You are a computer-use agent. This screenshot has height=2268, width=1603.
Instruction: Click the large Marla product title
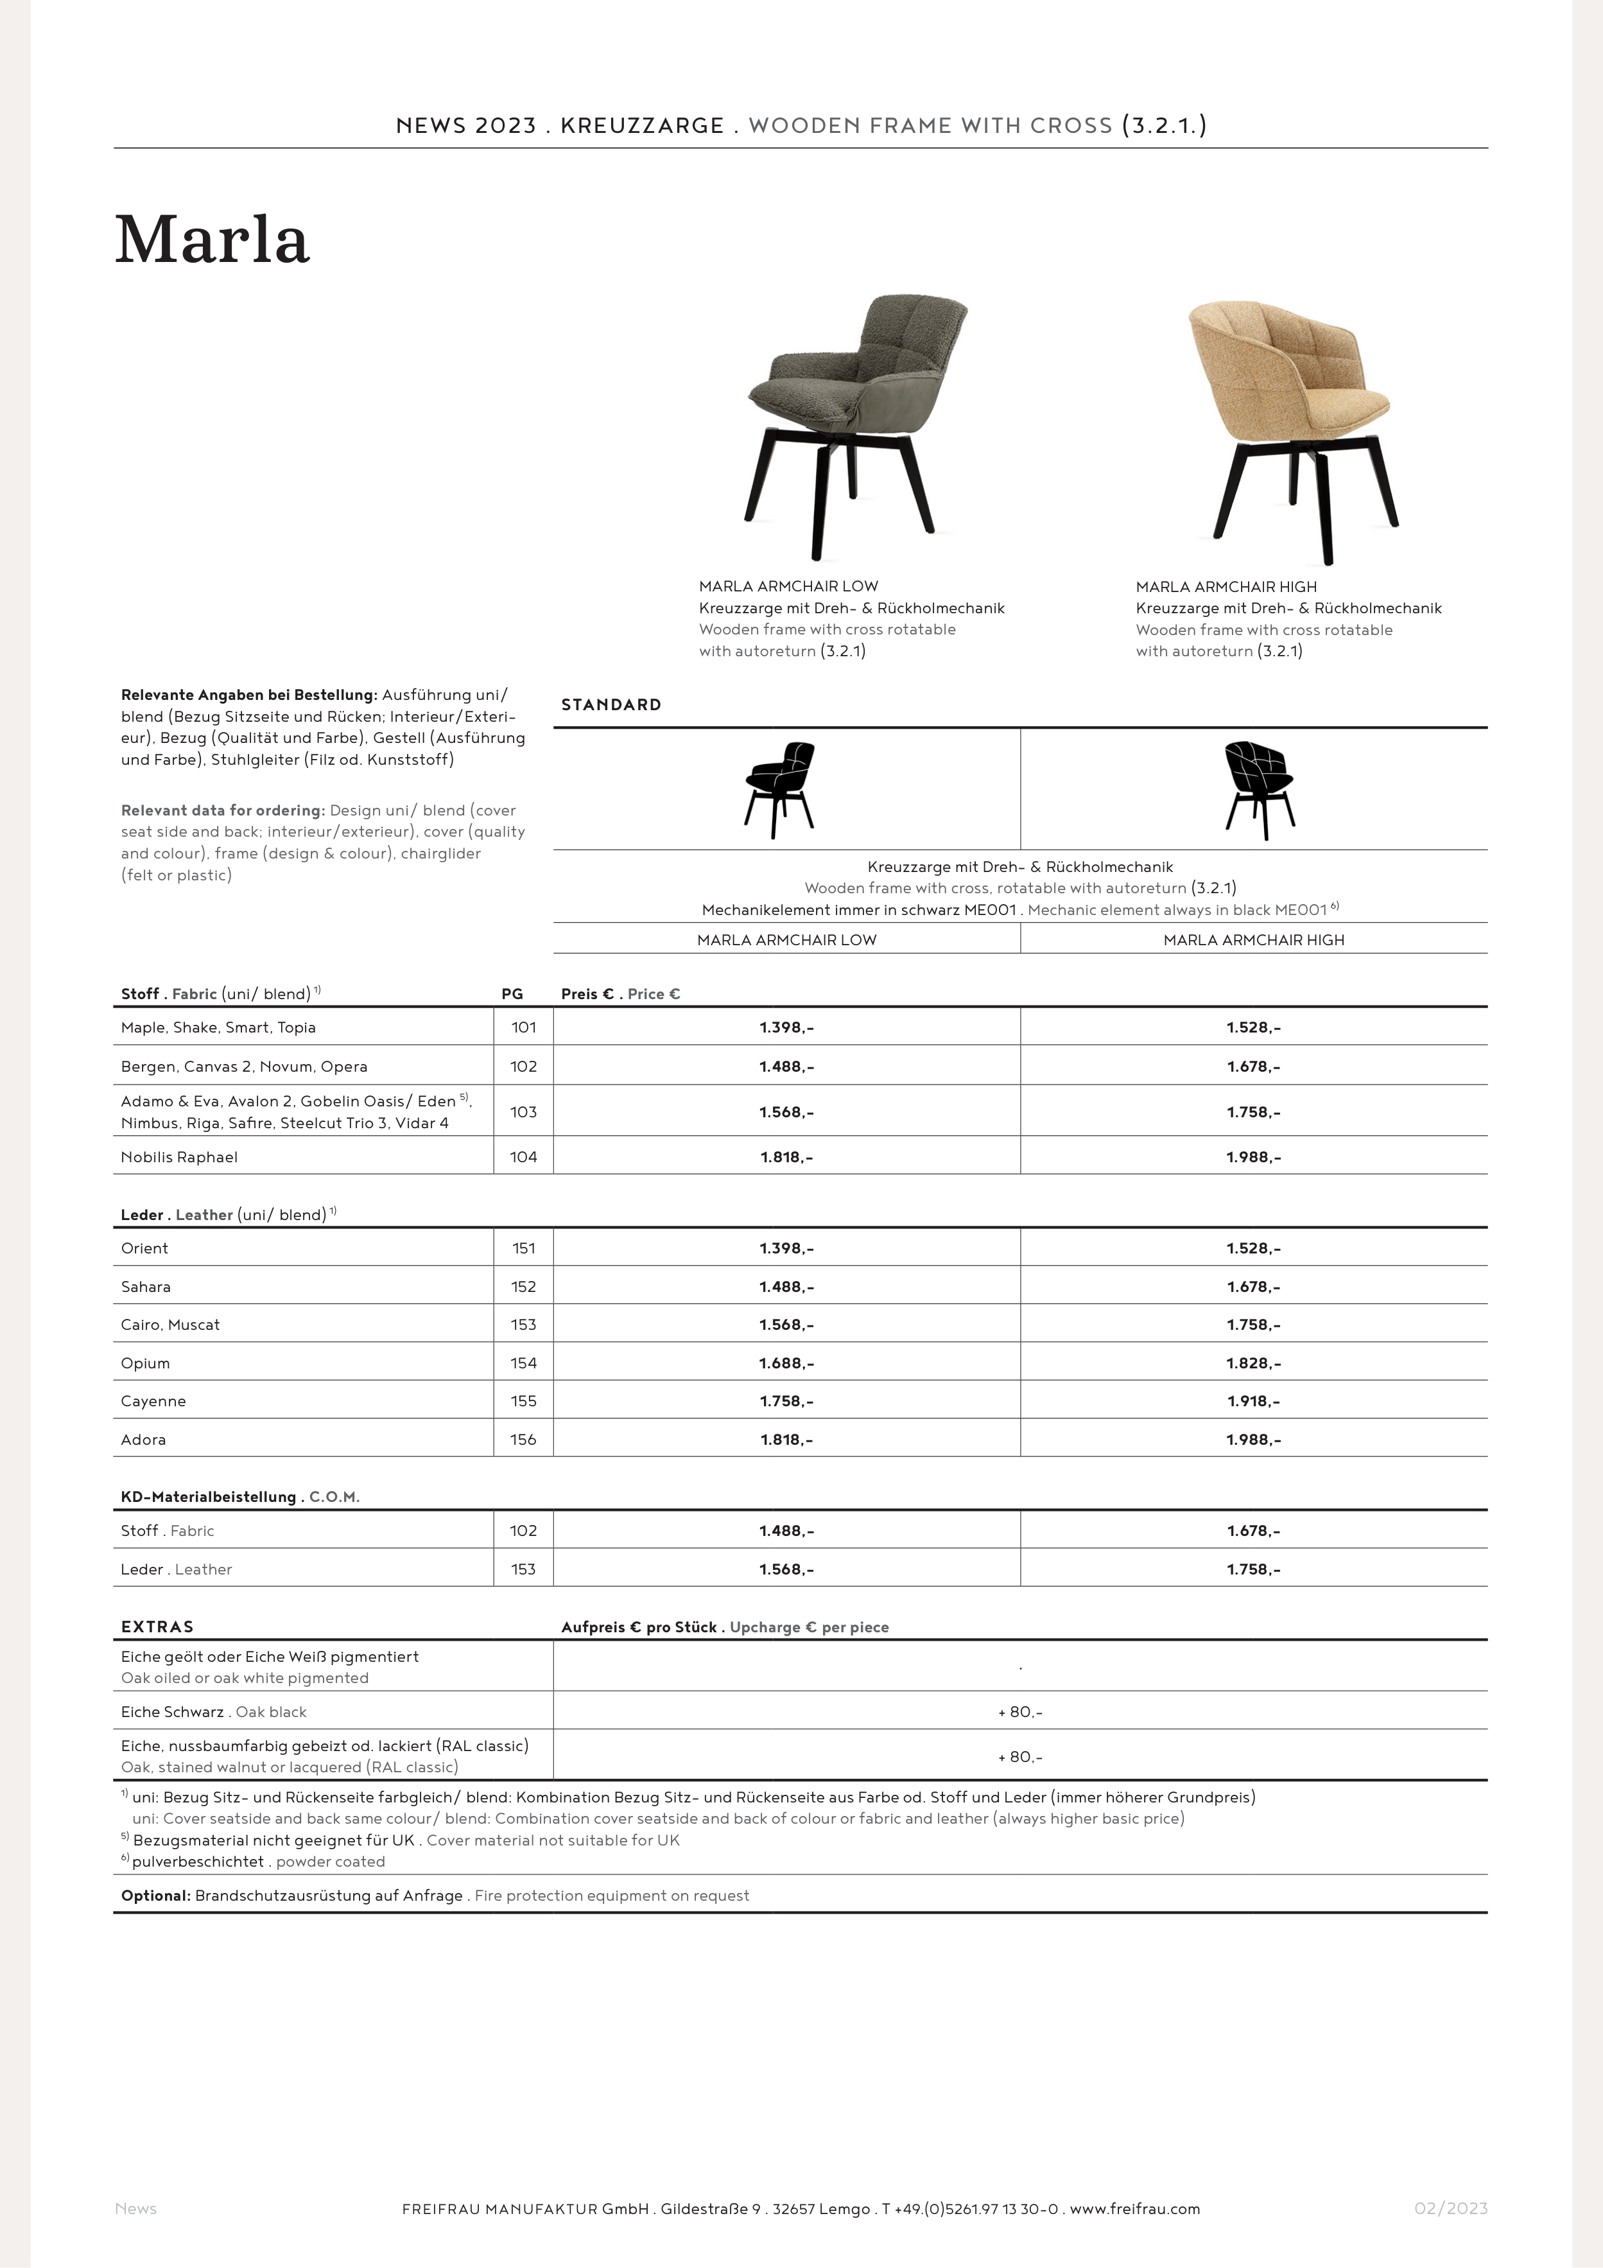pos(212,240)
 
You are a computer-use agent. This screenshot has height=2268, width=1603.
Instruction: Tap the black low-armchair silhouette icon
pos(780,789)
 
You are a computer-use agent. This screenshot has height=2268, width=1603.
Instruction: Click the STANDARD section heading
pos(611,704)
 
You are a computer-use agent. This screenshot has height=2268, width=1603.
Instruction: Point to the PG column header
pos(512,994)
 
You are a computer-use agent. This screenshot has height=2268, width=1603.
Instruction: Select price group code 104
pos(523,1156)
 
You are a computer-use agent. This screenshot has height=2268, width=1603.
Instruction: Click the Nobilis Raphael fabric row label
pos(178,1156)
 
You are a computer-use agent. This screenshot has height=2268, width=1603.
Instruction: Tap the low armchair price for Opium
pos(786,1363)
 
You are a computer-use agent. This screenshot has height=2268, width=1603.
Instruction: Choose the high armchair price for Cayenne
pos(1253,1400)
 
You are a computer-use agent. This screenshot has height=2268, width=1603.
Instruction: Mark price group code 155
pos(523,1400)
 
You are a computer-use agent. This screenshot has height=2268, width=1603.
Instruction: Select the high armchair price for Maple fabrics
pos(1253,1027)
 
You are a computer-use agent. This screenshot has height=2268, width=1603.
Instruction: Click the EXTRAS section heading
pos(157,1627)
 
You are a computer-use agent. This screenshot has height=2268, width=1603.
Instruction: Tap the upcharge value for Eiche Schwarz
pos(1020,1712)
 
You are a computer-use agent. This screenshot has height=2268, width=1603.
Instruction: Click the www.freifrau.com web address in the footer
pos(1135,2209)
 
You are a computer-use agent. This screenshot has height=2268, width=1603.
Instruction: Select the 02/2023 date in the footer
pos(1450,2209)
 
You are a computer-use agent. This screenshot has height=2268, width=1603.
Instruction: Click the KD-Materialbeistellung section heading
pos(207,1497)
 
